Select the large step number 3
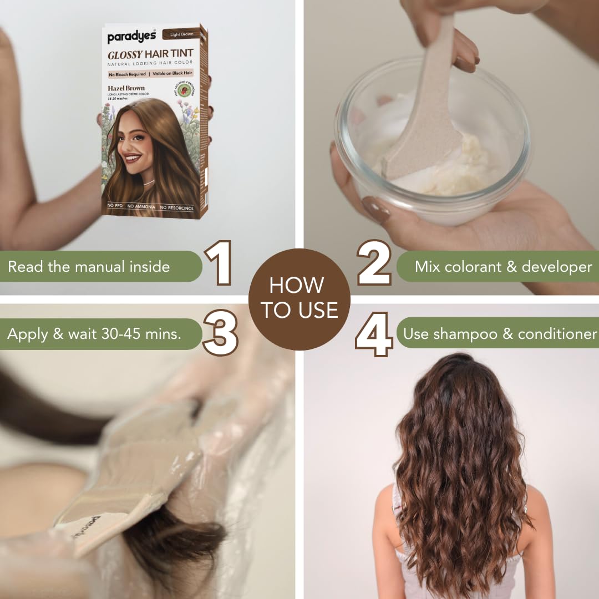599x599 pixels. click(220, 333)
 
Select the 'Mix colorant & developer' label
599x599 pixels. click(502, 266)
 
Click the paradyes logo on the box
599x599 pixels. click(132, 37)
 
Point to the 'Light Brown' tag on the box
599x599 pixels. click(181, 34)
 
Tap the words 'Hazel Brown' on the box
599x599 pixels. click(126, 88)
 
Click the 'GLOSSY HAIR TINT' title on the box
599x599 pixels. click(150, 54)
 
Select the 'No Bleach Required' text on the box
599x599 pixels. click(127, 74)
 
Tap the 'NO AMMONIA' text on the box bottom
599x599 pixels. click(141, 207)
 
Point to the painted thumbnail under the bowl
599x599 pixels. click(375, 210)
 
